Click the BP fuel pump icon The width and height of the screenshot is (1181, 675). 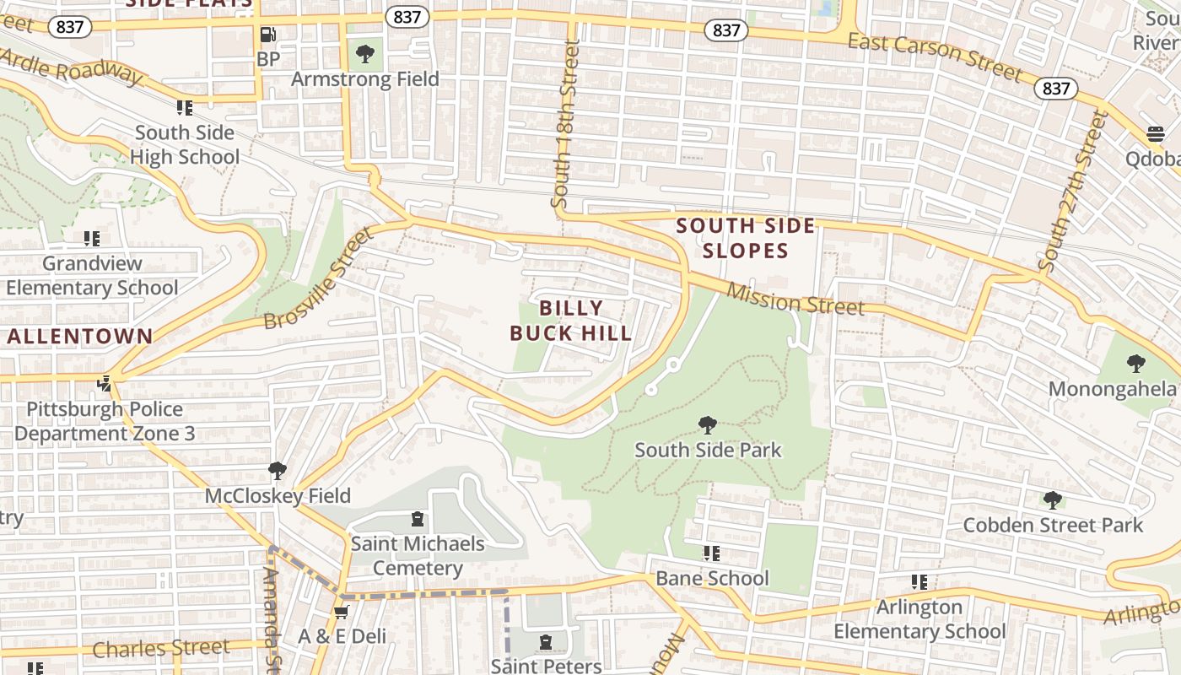point(268,35)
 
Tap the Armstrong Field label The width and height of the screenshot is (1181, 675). point(364,79)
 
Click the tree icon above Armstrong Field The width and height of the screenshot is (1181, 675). point(365,55)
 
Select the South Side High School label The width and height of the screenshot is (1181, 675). point(185,145)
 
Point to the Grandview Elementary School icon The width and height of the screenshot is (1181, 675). point(91,240)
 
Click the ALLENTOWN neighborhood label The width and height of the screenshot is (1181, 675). point(81,336)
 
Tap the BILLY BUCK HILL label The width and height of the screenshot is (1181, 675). point(571,321)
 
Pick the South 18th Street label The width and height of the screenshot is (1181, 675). point(565,124)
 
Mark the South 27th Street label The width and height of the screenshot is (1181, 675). point(1072,192)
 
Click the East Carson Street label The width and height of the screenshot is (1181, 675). point(935,57)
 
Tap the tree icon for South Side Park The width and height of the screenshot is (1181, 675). point(708,425)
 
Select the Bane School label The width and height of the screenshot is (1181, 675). point(712,578)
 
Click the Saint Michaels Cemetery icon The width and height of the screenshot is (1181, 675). point(417,519)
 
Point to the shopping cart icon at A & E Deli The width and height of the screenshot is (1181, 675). point(341,612)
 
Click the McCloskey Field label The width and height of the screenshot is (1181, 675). point(278,495)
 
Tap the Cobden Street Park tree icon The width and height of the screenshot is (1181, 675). point(1052,500)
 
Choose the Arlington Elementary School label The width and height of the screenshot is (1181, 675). point(919,619)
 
